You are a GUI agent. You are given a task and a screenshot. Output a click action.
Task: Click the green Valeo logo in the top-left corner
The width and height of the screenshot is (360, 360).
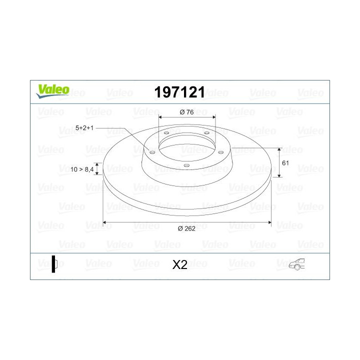pos(52,90)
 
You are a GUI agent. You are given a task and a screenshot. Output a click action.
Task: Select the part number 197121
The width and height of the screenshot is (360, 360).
pos(180,92)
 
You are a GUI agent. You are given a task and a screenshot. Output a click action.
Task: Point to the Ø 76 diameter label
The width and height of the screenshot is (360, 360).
pos(186,112)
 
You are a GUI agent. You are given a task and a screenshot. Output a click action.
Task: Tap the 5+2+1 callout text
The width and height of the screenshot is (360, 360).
pos(84,128)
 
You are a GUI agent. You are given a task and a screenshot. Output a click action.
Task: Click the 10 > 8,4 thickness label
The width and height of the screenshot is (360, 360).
pos(82,170)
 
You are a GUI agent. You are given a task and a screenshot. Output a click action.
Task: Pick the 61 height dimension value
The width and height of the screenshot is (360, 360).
pos(285,163)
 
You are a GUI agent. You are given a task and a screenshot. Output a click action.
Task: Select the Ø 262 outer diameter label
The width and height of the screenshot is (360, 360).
pos(186,228)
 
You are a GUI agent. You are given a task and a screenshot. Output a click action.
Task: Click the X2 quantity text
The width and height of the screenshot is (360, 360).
pos(179,264)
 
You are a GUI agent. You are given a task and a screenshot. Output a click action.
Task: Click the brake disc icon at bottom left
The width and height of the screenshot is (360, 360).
pos(54,263)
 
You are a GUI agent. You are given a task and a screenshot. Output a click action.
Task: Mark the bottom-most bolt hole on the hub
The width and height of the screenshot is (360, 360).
pos(186,165)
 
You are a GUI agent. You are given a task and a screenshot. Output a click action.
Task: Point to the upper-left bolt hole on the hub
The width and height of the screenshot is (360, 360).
pos(166,133)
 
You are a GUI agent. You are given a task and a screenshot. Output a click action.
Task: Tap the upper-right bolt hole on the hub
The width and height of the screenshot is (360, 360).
pos(206,133)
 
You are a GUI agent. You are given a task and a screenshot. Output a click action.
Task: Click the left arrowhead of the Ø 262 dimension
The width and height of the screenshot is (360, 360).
pos(105,222)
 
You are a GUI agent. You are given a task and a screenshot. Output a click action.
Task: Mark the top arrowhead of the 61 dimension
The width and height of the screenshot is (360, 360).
pos(279,150)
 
